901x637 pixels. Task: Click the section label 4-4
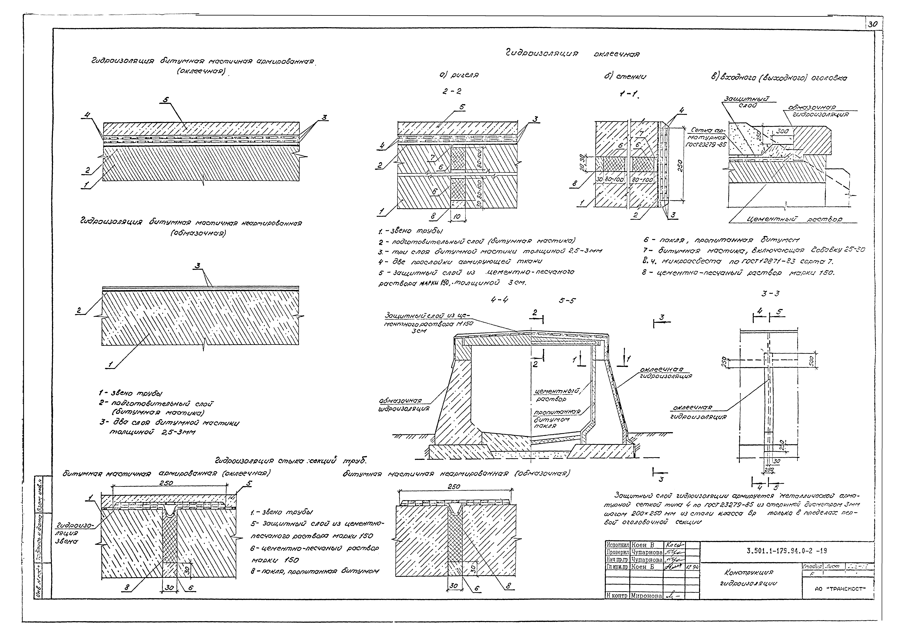[x=499, y=300]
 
